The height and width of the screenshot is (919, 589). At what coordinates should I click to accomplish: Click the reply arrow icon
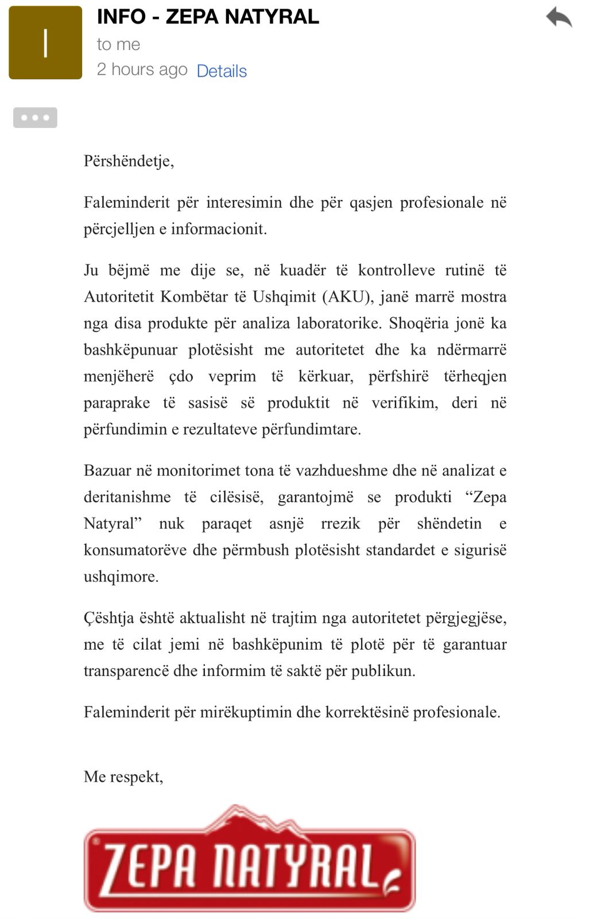559,17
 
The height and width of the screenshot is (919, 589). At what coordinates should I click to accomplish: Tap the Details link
222,71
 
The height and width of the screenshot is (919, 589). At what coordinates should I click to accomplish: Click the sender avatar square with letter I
45,43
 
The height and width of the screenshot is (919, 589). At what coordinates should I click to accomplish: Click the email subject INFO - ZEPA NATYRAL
208,17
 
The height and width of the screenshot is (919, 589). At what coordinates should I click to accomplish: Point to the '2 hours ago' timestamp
142,69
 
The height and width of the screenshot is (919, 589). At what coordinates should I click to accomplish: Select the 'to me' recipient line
118,44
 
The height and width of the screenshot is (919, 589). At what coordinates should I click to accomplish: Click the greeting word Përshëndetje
129,161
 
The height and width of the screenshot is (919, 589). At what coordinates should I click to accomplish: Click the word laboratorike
339,323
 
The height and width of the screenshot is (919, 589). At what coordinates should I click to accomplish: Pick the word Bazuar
107,471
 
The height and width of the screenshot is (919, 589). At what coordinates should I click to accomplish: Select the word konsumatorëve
135,550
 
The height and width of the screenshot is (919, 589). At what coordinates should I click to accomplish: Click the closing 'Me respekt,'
123,777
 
